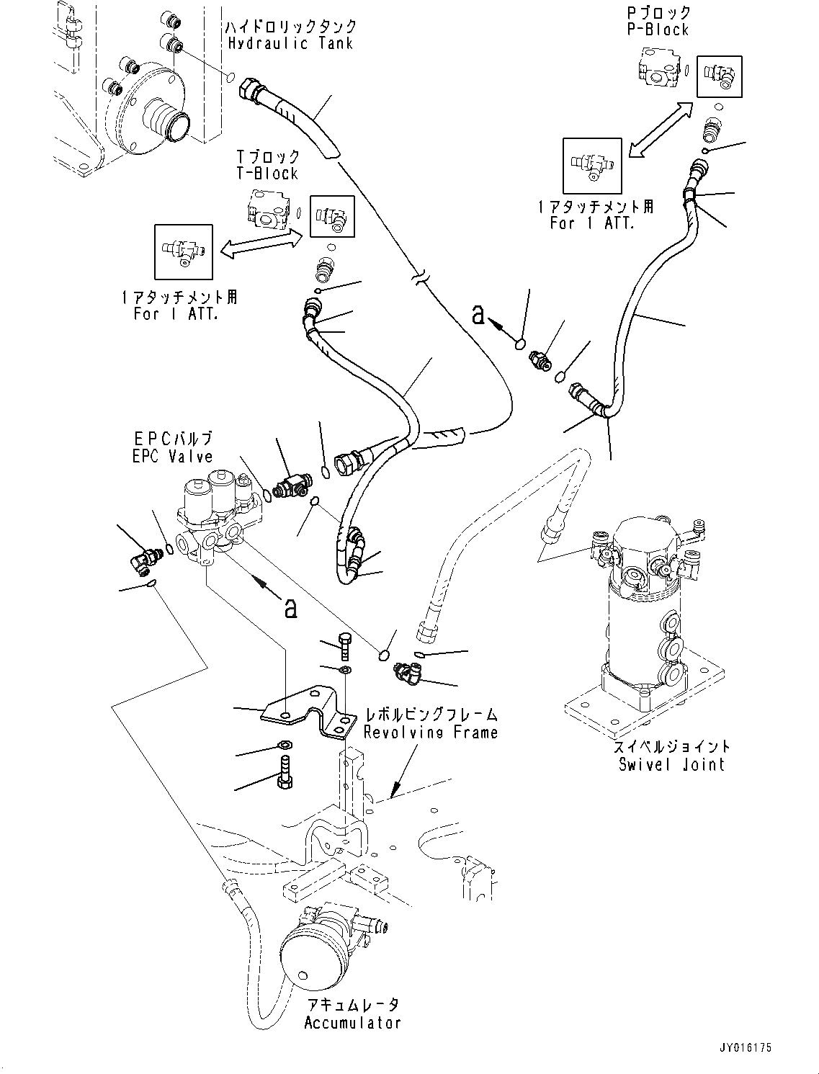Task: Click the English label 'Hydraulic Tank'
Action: click(x=290, y=43)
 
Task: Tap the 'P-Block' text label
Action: click(x=658, y=30)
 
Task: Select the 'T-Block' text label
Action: click(x=267, y=174)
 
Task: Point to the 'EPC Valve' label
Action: click(x=172, y=457)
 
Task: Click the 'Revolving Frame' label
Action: click(x=431, y=733)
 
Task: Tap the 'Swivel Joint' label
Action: click(x=671, y=764)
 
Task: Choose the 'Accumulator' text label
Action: click(x=352, y=1023)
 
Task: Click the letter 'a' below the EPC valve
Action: click(x=290, y=609)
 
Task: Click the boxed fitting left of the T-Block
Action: click(x=184, y=251)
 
